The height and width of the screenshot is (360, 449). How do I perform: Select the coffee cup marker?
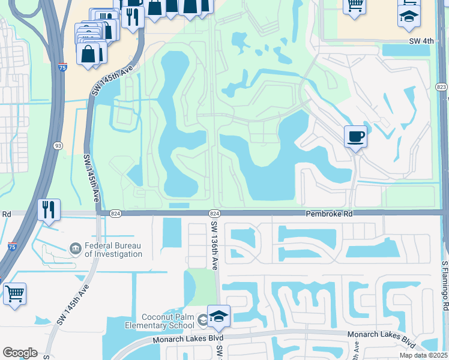(355, 137)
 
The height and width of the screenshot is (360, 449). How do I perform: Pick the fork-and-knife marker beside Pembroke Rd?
(48, 210)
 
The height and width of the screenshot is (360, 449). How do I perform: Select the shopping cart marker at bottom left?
(14, 295)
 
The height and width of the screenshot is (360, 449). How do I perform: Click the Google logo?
(20, 353)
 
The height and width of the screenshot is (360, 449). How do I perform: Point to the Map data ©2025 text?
(424, 355)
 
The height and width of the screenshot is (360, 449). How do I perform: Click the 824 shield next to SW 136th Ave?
(214, 214)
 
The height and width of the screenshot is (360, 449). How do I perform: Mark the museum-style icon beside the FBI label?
(75, 248)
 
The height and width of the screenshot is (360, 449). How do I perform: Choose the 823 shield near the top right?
(442, 87)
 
